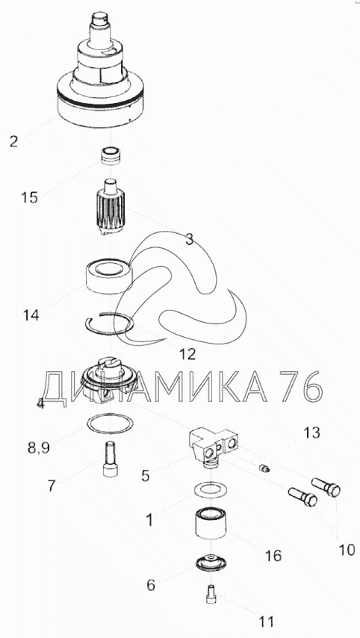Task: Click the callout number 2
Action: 14,142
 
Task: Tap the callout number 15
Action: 30,198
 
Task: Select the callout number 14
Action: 31,315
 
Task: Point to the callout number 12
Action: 187,354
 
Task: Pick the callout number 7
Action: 52,486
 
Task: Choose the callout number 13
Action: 312,433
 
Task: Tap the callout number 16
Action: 273,556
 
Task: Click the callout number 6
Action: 151,585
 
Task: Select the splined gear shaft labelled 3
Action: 112,208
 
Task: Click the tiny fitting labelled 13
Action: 264,468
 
